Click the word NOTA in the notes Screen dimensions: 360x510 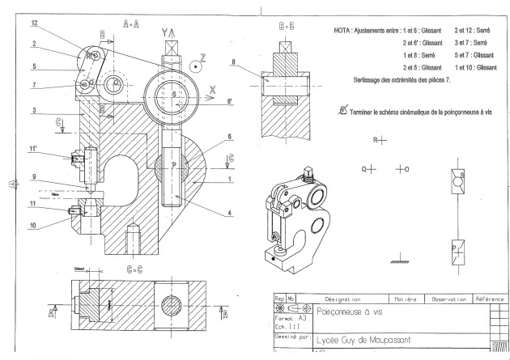coord(342,29)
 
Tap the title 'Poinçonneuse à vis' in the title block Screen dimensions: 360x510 coord(349,310)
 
